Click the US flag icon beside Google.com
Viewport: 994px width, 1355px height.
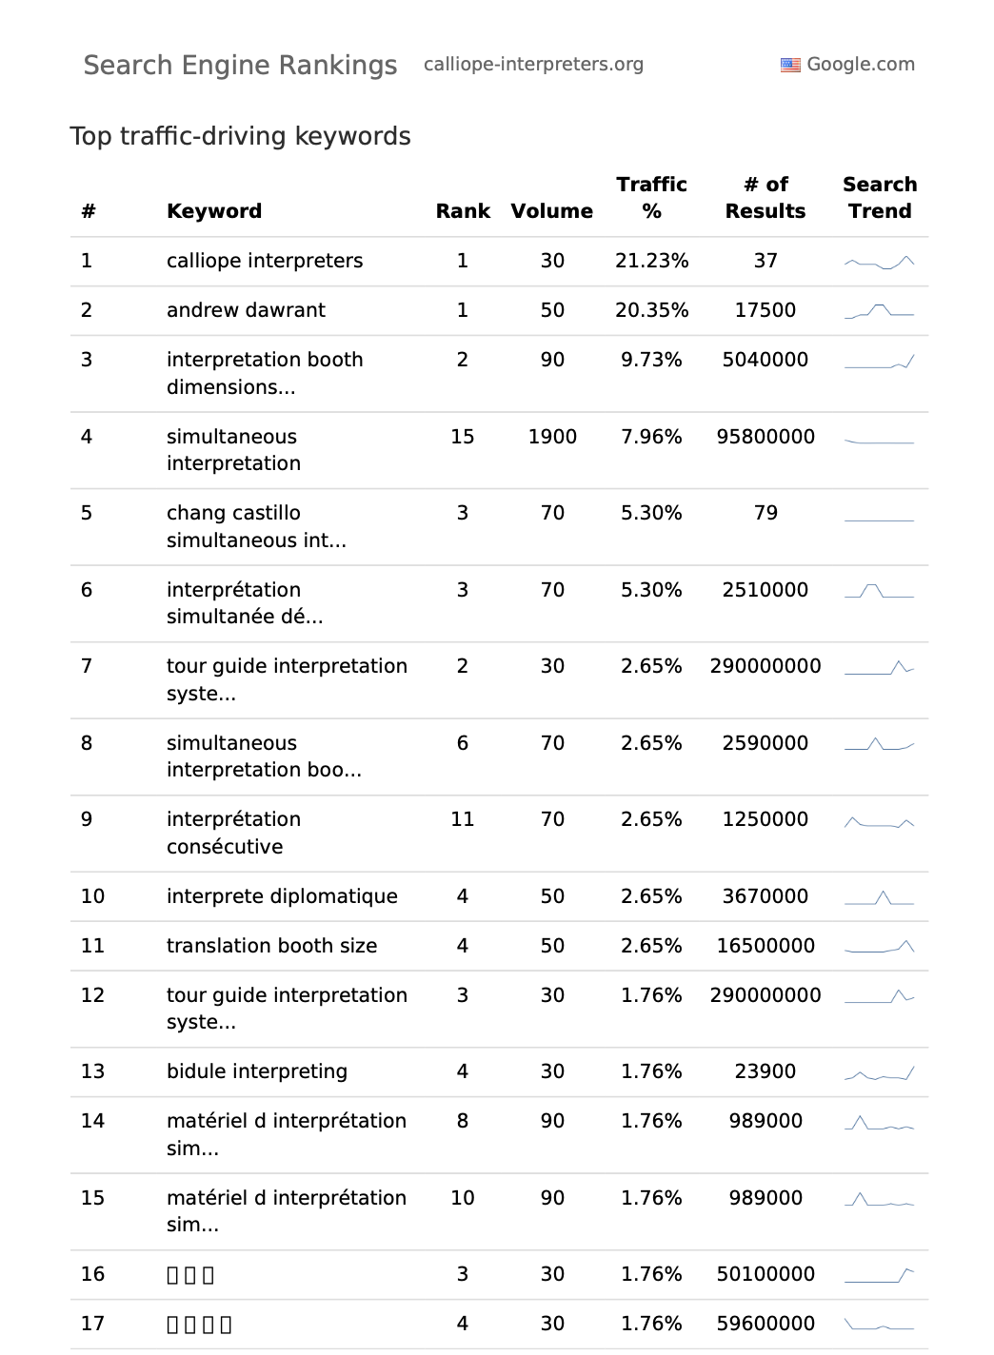click(x=790, y=65)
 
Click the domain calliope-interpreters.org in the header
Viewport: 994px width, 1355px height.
click(x=533, y=64)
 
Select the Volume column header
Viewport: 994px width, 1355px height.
click(x=551, y=211)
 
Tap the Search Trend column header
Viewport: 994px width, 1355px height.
click(x=879, y=198)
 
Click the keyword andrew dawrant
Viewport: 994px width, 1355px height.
click(x=246, y=310)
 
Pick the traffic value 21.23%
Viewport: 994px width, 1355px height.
click(x=651, y=261)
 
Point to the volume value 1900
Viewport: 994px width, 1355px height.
click(x=552, y=437)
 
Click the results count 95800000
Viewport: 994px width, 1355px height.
click(x=765, y=437)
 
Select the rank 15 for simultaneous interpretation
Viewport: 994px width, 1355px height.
click(x=463, y=437)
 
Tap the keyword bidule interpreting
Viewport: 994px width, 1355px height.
click(x=257, y=1071)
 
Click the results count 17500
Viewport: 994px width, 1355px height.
click(x=765, y=310)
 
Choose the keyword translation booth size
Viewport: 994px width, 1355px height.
click(x=271, y=946)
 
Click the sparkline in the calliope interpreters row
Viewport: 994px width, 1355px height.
click(x=879, y=262)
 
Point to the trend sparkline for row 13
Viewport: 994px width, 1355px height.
click(x=879, y=1073)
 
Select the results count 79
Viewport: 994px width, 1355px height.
click(x=765, y=513)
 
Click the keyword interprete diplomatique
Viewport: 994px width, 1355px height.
click(x=282, y=896)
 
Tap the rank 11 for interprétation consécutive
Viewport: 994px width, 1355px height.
click(x=463, y=819)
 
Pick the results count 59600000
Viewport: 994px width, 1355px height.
click(x=765, y=1324)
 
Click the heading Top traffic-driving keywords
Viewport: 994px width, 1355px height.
click(x=240, y=136)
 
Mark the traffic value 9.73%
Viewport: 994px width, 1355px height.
click(x=651, y=360)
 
